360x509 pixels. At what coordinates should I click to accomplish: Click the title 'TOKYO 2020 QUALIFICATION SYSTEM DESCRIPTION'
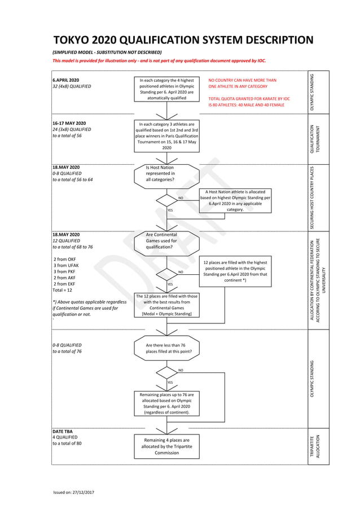coord(183,40)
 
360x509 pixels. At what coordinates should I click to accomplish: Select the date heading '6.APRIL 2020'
coord(66,81)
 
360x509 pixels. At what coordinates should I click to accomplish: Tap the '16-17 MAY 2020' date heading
coord(69,123)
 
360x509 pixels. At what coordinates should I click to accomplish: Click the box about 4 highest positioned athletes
coord(166,89)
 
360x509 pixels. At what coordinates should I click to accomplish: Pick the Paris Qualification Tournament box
coord(166,136)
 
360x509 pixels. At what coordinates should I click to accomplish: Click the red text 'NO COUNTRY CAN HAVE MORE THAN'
coord(243,81)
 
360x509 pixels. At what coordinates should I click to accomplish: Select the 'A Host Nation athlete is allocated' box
coord(235,201)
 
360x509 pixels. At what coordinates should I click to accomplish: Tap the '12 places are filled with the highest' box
coord(235,271)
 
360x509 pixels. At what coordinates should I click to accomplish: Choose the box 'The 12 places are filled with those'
coord(166,305)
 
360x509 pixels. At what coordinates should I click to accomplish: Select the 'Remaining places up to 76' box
coord(166,403)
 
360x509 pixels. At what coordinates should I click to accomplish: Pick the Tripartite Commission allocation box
coord(166,446)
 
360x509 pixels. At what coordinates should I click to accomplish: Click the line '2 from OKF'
coord(64,259)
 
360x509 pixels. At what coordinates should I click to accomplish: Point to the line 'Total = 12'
coord(62,290)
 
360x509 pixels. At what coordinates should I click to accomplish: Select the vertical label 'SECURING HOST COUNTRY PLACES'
coord(319,198)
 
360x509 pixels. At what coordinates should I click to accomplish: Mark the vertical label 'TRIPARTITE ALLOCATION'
coord(319,446)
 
